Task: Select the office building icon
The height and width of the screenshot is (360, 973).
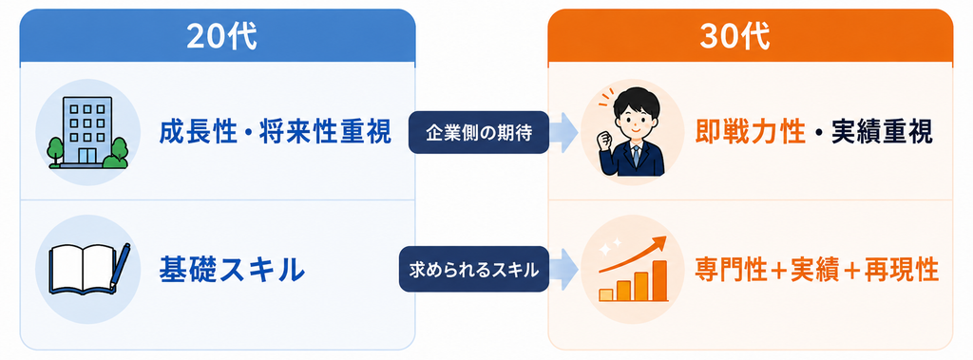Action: click(87, 133)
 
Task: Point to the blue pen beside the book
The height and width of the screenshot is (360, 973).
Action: click(121, 265)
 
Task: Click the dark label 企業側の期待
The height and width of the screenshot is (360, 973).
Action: click(479, 132)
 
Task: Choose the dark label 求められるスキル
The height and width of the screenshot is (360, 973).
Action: click(473, 270)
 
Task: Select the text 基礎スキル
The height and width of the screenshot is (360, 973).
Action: click(232, 270)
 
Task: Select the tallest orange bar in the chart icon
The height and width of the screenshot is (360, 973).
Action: click(659, 280)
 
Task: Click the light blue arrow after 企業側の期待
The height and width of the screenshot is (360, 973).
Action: click(564, 132)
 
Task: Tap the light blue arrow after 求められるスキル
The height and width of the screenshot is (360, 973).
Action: click(564, 270)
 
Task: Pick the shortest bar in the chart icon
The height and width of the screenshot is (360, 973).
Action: click(605, 294)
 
